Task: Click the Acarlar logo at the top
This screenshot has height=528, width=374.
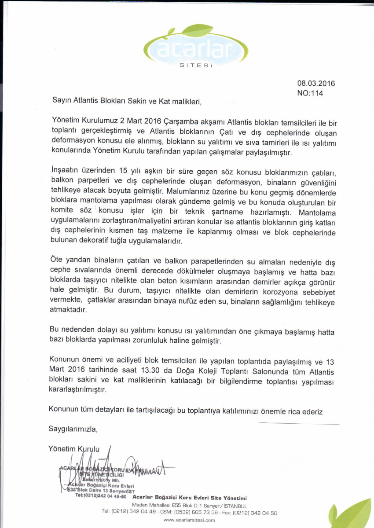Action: click(196, 46)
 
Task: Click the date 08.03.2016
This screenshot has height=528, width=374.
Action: click(316, 84)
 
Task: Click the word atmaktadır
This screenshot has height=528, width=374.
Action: click(68, 310)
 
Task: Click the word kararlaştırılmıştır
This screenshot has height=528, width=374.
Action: click(77, 390)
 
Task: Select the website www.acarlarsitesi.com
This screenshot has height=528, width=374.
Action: click(189, 520)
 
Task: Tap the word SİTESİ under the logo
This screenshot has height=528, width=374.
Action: click(196, 66)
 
